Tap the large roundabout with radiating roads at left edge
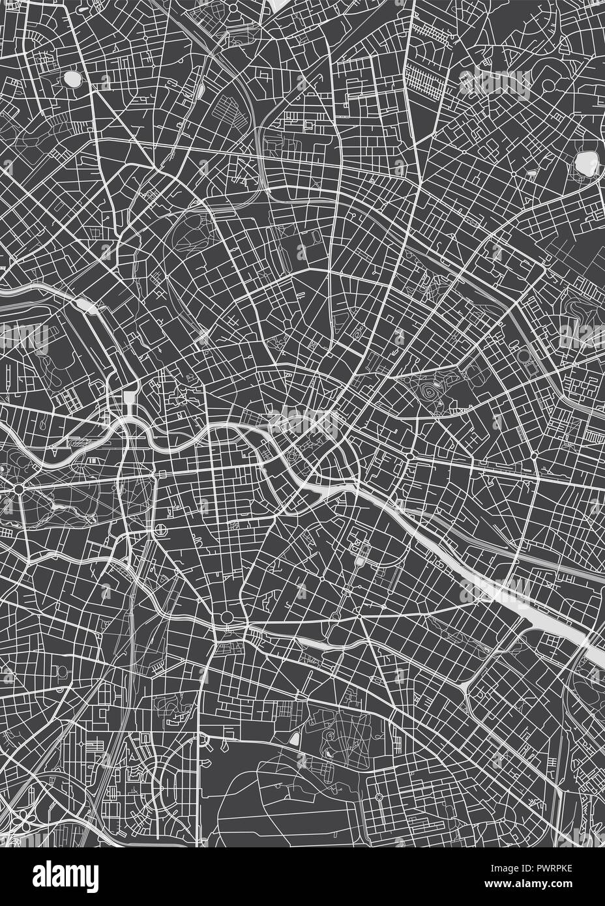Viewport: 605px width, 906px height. (20, 488)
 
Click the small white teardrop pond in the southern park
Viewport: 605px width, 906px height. (295, 739)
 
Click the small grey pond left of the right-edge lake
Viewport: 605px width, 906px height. (533, 174)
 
